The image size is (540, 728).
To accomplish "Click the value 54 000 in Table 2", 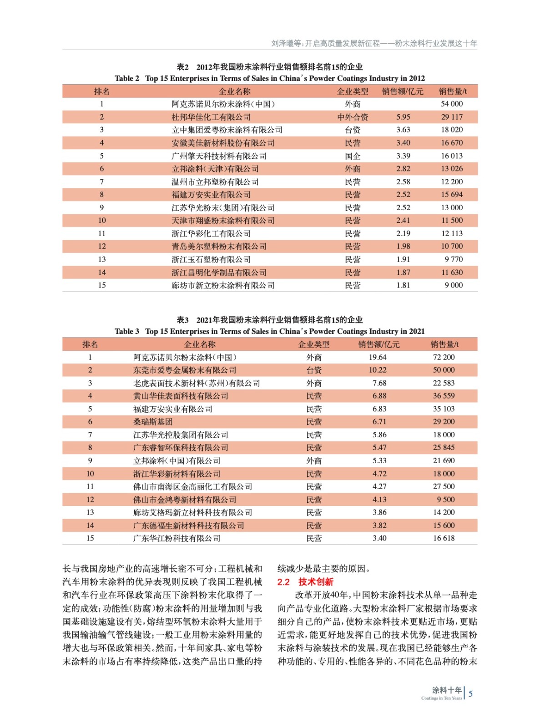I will tap(451, 104).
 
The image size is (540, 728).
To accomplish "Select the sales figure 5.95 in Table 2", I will tap(403, 117).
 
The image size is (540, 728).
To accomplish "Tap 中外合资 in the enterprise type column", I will tap(353, 117).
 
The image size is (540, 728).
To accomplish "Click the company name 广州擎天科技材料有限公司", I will tap(219, 156).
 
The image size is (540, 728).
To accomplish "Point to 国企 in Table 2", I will tap(353, 156).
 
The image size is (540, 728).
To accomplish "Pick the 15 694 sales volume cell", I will tap(451, 195).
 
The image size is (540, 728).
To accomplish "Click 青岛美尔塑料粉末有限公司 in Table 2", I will tap(219, 247).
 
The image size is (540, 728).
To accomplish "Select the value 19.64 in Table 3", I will tap(378, 357).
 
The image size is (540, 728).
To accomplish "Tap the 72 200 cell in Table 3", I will tap(444, 357).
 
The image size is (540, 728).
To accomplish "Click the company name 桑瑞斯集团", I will tap(153, 422).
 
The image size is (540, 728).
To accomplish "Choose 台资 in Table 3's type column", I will tap(314, 370).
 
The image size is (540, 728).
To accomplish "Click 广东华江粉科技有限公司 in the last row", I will tap(177, 538).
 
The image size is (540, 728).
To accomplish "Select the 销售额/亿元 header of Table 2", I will tap(403, 91).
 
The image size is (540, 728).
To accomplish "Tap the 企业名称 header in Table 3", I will tap(200, 344).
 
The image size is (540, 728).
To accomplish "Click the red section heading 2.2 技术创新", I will tap(305, 582).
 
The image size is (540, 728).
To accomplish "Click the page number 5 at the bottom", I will tap(470, 693).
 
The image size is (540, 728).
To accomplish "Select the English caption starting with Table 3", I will tap(269, 331).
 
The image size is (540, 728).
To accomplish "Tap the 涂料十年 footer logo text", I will tap(446, 690).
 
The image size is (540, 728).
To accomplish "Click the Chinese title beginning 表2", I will tap(269, 67).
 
